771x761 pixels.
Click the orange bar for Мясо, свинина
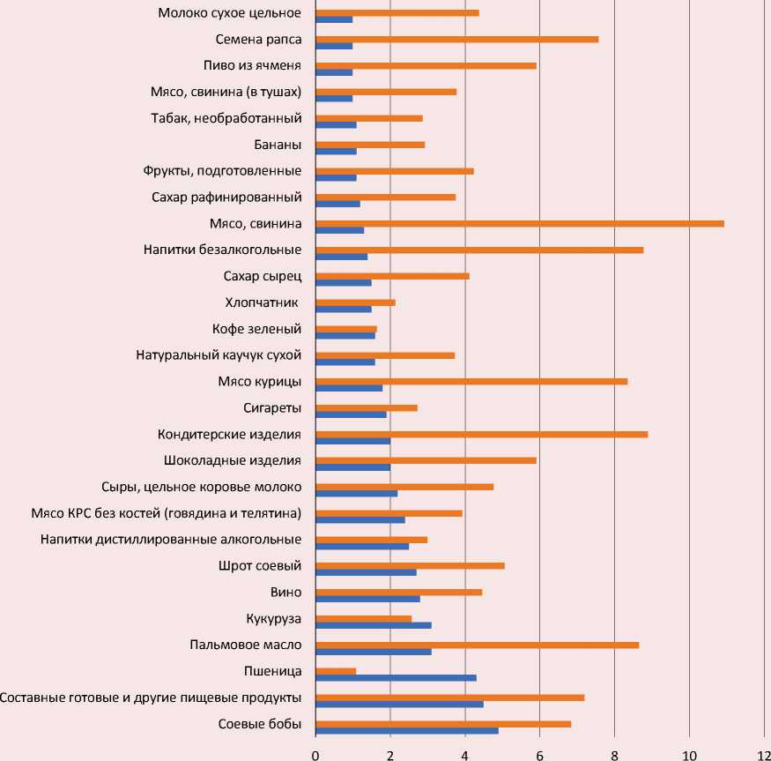[520, 223]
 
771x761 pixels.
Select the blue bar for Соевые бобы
[407, 731]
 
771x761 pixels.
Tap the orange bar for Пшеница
[336, 671]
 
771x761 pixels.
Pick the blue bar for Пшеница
[396, 678]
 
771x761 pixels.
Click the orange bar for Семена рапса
[456, 39]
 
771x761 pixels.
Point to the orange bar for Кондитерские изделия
[481, 434]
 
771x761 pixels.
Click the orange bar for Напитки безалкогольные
[479, 250]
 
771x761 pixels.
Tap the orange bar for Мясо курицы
[471, 381]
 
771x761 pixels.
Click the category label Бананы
[278, 145]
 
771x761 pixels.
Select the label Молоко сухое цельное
[230, 13]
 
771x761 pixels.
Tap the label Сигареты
[272, 407]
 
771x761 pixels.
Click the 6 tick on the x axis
[539, 752]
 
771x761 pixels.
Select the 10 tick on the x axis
[689, 752]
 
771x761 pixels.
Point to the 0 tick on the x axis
[315, 752]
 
